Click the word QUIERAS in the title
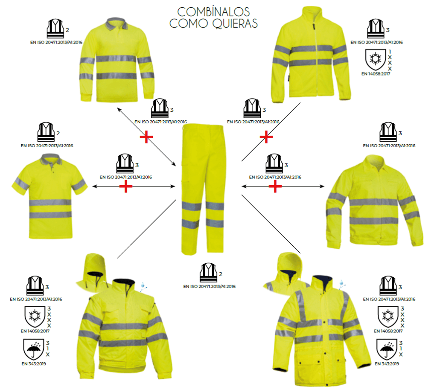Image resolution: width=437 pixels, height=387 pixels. point(235,23)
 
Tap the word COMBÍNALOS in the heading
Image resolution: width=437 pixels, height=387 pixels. point(213,12)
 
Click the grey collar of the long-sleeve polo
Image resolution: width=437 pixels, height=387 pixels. point(116,23)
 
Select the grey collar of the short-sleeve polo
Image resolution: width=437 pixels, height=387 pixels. point(51,159)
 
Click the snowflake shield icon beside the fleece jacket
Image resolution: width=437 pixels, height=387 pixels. point(375,60)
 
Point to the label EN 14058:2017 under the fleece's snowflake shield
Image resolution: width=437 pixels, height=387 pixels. point(376,74)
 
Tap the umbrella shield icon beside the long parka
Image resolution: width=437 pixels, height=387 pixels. point(387,349)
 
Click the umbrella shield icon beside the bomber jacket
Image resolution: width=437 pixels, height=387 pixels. point(33,349)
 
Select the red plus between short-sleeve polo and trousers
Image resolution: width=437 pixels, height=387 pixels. point(126,186)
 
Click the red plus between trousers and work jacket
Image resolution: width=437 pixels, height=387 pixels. point(275,186)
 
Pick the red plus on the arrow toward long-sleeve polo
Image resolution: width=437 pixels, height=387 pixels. point(146,137)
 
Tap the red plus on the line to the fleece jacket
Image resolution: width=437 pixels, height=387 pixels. point(266,137)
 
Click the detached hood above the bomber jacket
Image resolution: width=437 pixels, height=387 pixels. point(93,273)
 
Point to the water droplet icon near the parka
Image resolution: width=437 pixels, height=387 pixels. point(341,285)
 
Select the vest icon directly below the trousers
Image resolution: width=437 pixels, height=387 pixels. point(208,272)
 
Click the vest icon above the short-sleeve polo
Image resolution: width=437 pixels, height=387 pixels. point(46,131)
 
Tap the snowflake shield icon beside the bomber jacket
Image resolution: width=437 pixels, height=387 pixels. point(35,317)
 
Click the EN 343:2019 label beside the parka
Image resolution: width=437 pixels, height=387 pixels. point(387,364)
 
